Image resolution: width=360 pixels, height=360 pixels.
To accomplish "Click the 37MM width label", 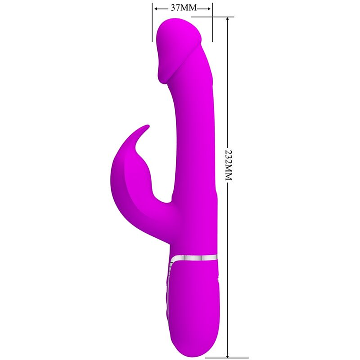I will point(182,8).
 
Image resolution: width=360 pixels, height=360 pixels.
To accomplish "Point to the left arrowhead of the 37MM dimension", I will point(155,8).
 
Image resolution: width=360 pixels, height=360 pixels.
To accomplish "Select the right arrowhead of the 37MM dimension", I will point(209,8).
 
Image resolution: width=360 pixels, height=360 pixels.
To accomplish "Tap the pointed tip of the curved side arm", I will point(147,126).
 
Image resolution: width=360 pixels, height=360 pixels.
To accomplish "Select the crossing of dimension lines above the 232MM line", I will point(212,18).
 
